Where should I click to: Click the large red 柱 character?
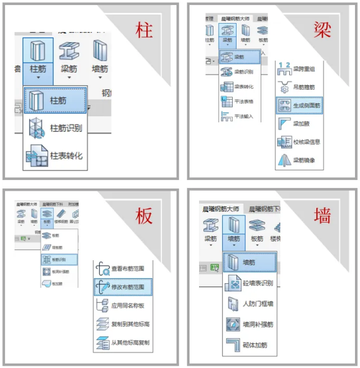(144, 30)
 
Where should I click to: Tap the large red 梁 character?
(323, 30)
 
